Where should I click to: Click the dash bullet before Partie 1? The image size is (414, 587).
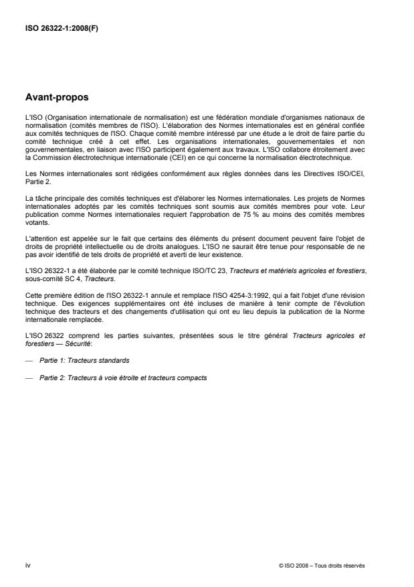coord(28,360)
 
